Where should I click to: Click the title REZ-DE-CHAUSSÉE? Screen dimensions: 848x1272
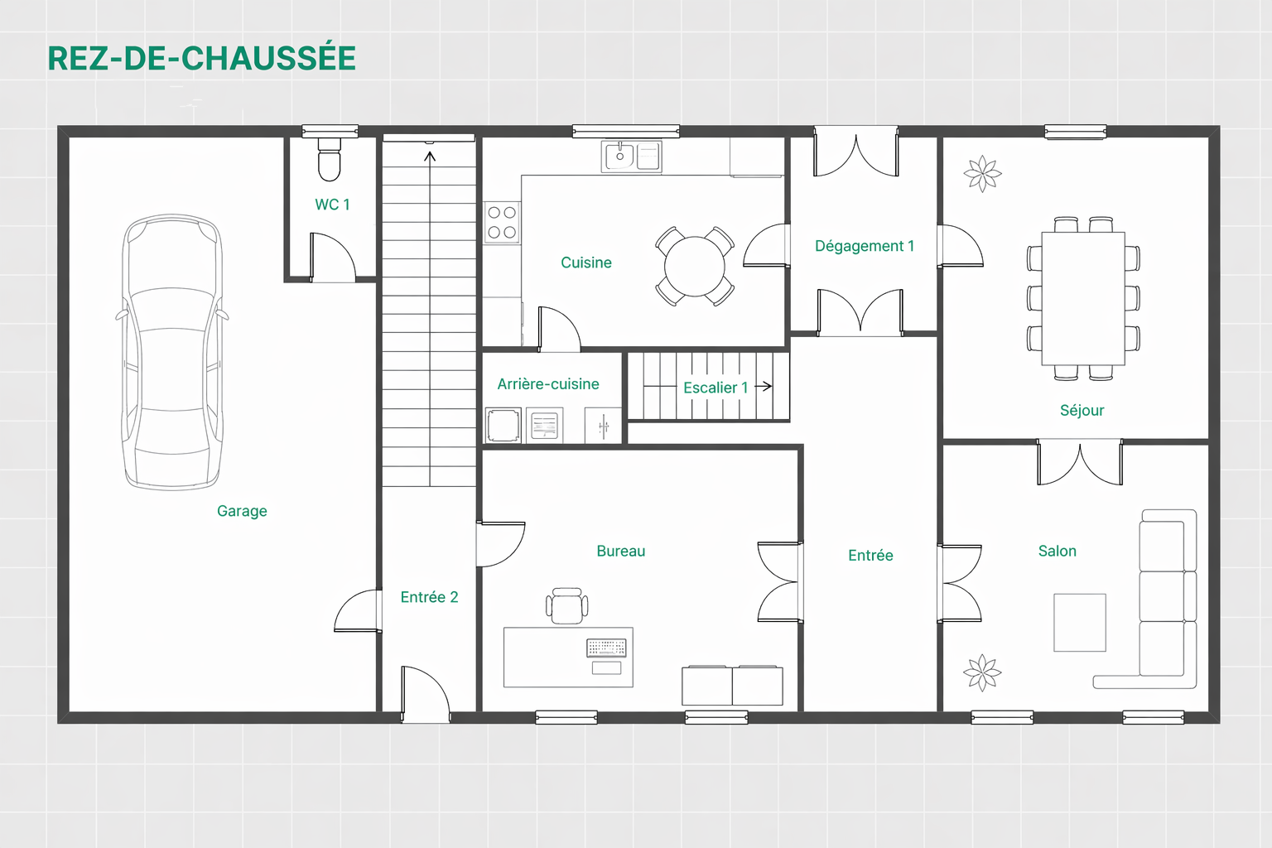pyautogui.click(x=202, y=58)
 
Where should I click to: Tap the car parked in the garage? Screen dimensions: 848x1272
pyautogui.click(x=172, y=352)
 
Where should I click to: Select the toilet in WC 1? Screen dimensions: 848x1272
pyautogui.click(x=329, y=160)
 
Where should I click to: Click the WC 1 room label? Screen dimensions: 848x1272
pyautogui.click(x=332, y=205)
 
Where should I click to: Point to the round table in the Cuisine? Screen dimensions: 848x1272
pyautogui.click(x=694, y=267)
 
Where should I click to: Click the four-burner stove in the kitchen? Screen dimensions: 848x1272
pyautogui.click(x=502, y=223)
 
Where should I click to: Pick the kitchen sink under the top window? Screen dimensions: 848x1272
pyautogui.click(x=619, y=156)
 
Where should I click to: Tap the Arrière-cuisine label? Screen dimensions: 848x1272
pyautogui.click(x=547, y=384)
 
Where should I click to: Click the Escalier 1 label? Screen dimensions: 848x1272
pyautogui.click(x=715, y=388)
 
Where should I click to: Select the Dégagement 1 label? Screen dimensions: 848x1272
pyautogui.click(x=864, y=246)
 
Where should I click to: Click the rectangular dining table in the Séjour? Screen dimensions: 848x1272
pyautogui.click(x=1082, y=298)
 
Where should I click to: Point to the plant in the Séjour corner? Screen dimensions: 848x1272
pyautogui.click(x=982, y=174)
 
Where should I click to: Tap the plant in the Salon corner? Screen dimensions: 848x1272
pyautogui.click(x=982, y=672)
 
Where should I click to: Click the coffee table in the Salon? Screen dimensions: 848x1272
pyautogui.click(x=1079, y=622)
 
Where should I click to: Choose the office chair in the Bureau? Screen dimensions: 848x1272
pyautogui.click(x=567, y=605)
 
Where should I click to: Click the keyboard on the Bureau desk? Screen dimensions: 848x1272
pyautogui.click(x=606, y=648)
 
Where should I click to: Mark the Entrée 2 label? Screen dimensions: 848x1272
pyautogui.click(x=429, y=597)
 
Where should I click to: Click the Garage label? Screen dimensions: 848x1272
pyautogui.click(x=242, y=511)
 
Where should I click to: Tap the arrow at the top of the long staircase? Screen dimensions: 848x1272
pyautogui.click(x=430, y=155)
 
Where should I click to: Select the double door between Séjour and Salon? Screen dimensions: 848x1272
pyautogui.click(x=1079, y=463)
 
